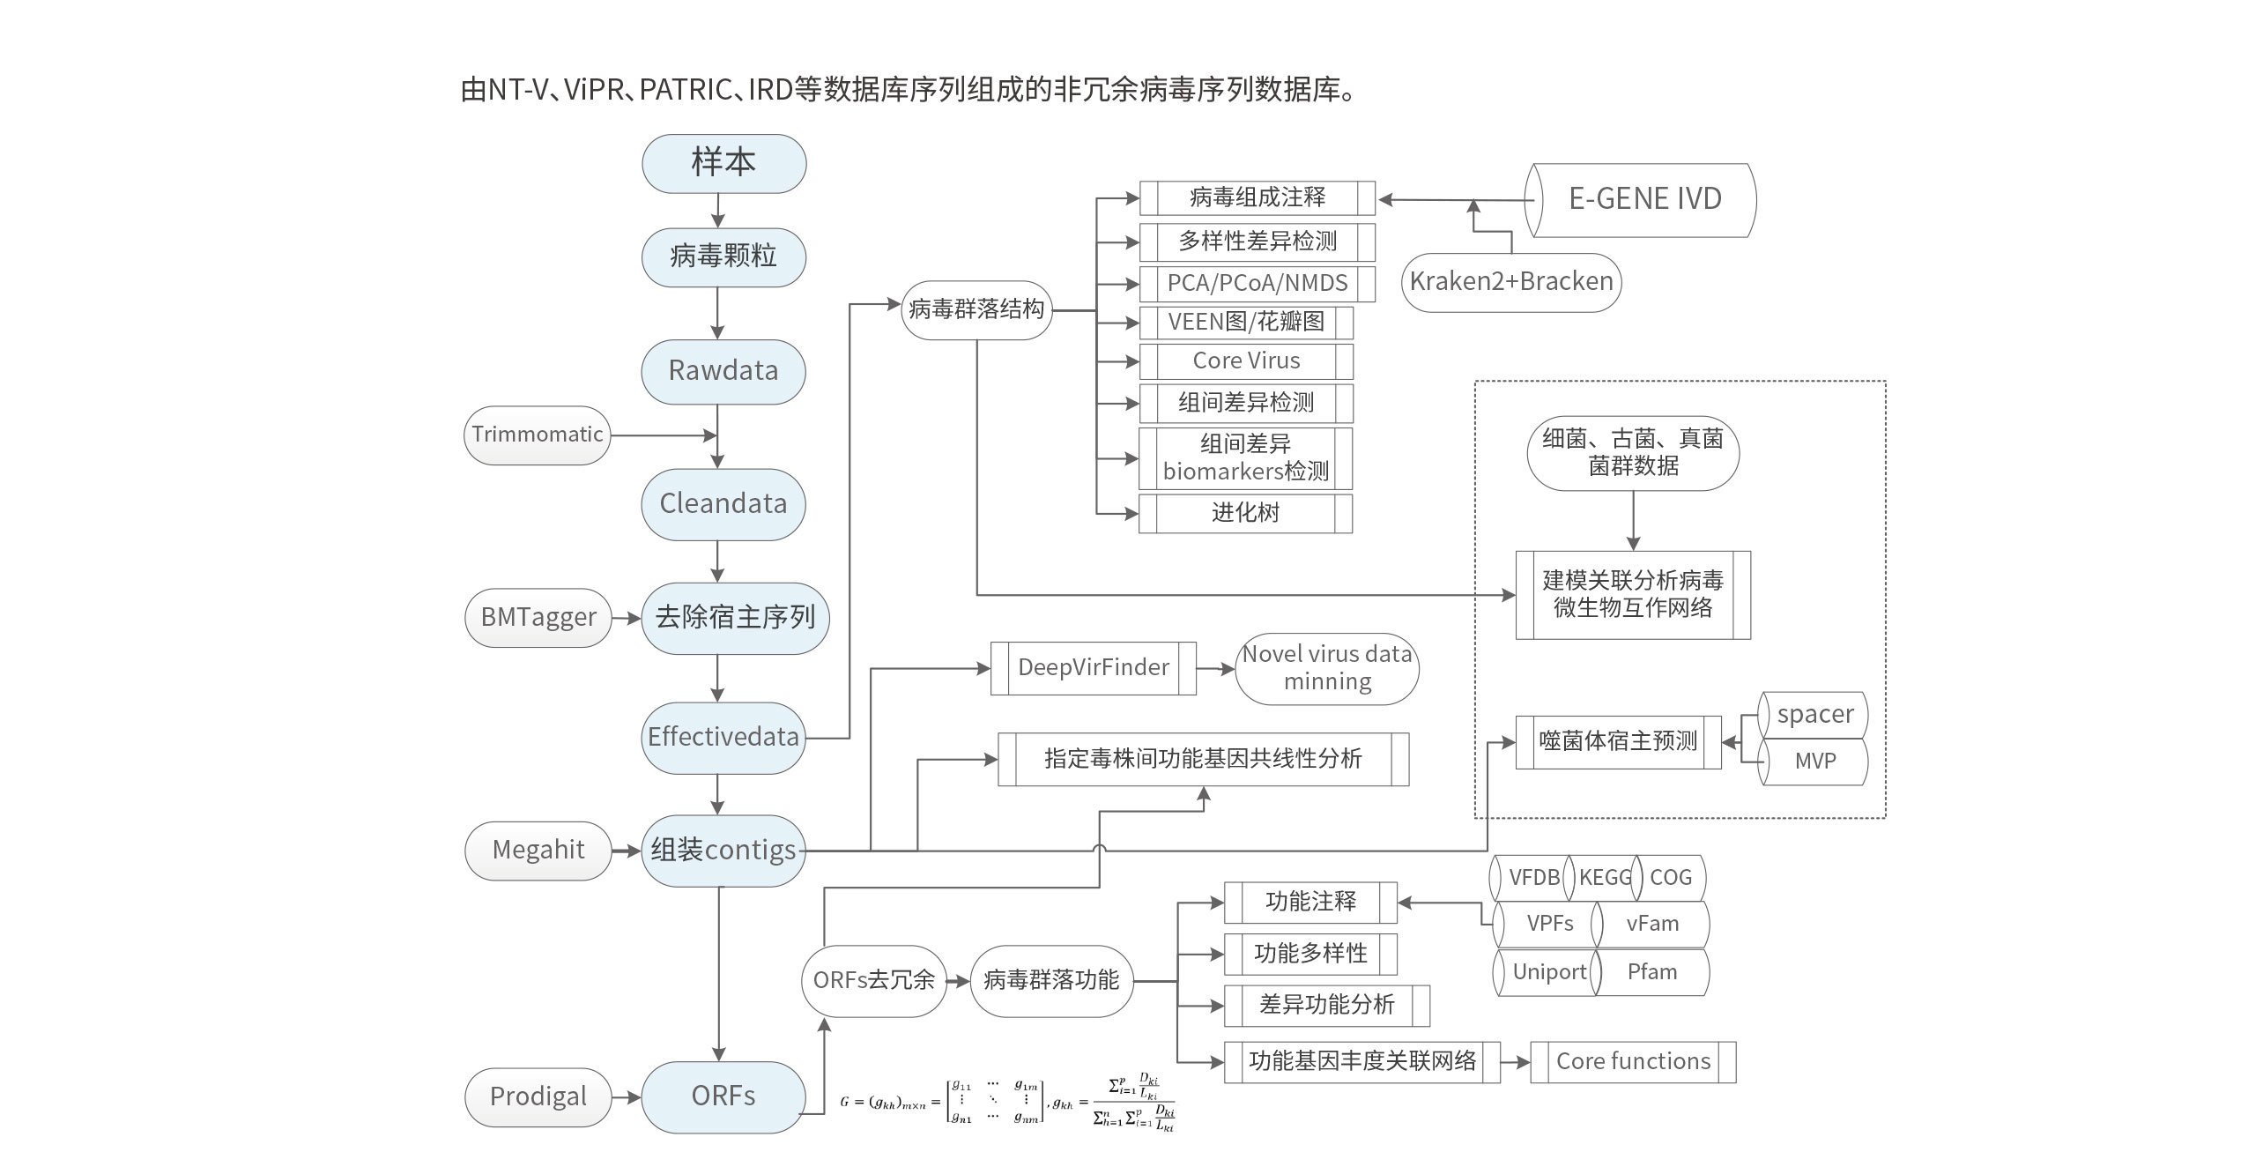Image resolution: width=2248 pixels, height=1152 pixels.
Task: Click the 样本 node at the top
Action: click(723, 164)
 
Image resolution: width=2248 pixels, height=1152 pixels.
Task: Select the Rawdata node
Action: click(723, 371)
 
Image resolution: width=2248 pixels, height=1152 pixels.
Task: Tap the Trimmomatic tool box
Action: click(538, 435)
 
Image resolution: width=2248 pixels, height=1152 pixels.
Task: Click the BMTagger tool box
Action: click(538, 617)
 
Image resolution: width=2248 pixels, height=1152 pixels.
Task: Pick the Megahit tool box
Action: click(538, 850)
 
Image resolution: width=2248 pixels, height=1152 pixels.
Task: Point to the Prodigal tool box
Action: click(538, 1096)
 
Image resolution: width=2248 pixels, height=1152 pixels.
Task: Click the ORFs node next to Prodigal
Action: click(723, 1096)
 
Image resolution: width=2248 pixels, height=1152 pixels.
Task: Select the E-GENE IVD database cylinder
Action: click(1644, 199)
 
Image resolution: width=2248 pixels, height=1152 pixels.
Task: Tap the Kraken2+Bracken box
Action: click(1511, 282)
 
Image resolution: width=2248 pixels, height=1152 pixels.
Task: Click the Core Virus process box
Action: click(1246, 361)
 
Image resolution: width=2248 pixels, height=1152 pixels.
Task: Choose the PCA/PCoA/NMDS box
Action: click(1258, 284)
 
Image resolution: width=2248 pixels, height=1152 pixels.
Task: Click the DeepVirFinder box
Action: click(1094, 668)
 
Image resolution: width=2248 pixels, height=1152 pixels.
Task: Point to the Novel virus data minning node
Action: click(1327, 668)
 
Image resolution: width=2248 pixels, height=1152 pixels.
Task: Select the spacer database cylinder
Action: click(1814, 715)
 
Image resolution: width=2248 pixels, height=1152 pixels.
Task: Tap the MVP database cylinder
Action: click(1814, 762)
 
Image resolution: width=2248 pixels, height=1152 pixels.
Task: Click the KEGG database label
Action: click(1604, 878)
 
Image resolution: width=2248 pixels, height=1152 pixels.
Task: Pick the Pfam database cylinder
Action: click(1652, 972)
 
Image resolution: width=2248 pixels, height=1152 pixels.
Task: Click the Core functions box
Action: click(1633, 1062)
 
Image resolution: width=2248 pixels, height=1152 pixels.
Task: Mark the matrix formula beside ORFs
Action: click(1009, 1102)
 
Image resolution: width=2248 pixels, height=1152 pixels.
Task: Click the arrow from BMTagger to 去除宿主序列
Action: click(627, 618)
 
